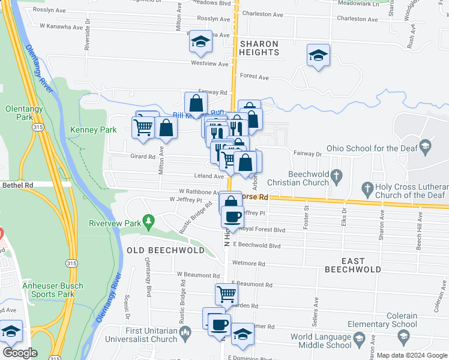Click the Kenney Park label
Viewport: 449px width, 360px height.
click(x=93, y=130)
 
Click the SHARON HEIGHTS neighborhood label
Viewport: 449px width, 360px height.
click(x=259, y=48)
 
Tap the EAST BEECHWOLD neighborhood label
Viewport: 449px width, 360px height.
click(x=353, y=265)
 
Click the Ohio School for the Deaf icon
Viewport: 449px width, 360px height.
click(x=426, y=145)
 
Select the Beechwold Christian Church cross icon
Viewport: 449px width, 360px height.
click(x=337, y=176)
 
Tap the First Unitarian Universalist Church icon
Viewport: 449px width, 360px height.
click(x=186, y=331)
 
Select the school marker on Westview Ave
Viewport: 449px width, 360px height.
click(x=200, y=43)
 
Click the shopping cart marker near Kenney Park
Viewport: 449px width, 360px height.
click(x=143, y=127)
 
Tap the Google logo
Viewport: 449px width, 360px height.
click(x=19, y=353)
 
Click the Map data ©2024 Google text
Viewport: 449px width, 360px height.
click(x=412, y=355)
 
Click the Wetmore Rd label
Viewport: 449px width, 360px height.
click(x=249, y=263)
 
